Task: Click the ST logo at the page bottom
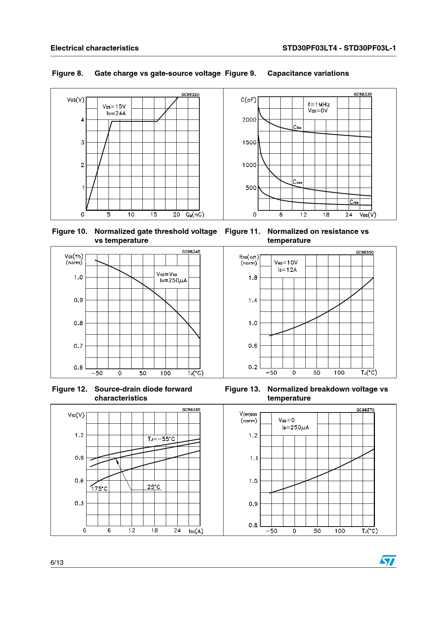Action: click(388, 560)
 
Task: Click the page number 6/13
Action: click(57, 562)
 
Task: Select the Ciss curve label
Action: click(297, 127)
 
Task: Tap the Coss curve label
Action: click(297, 182)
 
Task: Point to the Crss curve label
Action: click(354, 202)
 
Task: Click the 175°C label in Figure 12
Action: click(99, 489)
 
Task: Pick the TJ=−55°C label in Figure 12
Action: click(161, 439)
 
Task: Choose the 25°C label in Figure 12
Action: click(154, 487)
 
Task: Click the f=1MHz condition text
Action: click(319, 104)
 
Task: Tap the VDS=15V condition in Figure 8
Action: click(114, 106)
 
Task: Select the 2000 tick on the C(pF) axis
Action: click(249, 120)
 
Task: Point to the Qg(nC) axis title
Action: click(195, 214)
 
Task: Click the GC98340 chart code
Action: click(191, 252)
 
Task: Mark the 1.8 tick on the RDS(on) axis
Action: click(253, 278)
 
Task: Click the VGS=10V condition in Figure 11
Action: click(286, 262)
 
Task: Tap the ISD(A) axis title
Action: click(196, 531)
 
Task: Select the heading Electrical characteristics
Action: click(94, 48)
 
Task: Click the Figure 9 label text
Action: click(240, 73)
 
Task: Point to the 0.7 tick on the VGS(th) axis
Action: click(78, 346)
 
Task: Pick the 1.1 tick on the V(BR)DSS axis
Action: click(254, 458)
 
